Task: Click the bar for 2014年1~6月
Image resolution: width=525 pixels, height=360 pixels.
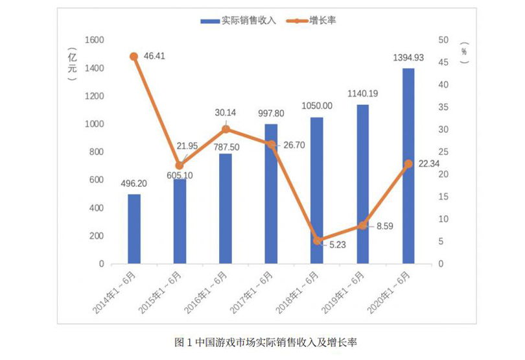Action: point(134,229)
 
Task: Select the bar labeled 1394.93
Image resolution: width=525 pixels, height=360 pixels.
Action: point(408,166)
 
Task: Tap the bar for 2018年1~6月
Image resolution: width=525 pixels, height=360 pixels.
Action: point(317,191)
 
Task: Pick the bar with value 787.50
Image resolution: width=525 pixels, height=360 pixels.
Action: point(226,209)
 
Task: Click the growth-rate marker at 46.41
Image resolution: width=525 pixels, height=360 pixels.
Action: point(134,56)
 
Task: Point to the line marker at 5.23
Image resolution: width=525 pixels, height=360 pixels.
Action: point(317,241)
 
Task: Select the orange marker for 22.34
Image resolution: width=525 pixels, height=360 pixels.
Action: point(408,164)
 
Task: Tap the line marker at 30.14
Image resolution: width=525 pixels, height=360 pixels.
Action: point(226,129)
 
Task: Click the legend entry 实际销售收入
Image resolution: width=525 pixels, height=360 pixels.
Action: point(239,21)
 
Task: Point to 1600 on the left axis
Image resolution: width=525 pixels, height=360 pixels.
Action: point(95,40)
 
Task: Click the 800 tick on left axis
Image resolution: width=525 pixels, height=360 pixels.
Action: point(97,152)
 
